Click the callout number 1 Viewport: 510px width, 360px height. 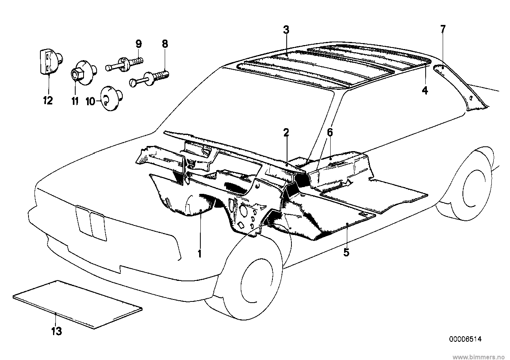200,254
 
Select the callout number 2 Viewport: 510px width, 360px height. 286,133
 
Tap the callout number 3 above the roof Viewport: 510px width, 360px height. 286,30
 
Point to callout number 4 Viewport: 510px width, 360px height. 424,91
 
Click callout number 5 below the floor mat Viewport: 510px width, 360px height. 346,252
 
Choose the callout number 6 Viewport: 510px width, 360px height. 329,133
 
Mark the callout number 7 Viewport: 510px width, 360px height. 443,29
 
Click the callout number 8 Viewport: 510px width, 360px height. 165,44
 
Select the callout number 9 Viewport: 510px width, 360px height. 138,44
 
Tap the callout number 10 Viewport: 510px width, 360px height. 90,102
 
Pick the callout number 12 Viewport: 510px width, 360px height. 48,100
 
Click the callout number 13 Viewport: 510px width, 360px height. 57,331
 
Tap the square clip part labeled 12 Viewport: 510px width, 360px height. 47,61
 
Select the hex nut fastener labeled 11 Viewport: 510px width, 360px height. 76,74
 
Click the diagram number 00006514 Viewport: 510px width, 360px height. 465,339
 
